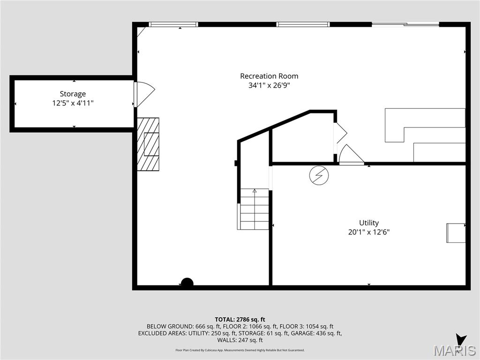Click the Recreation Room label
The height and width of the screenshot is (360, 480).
coord(269,76)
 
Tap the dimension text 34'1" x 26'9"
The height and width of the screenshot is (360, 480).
coord(269,85)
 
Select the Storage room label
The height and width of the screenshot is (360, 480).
coord(73,94)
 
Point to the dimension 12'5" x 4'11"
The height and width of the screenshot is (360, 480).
coord(73,103)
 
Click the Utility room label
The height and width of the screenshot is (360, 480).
coord(369,223)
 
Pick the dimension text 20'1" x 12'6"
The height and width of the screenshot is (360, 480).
coord(369,232)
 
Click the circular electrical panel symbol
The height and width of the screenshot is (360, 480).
coord(319,175)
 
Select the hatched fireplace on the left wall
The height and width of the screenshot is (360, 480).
coord(148,144)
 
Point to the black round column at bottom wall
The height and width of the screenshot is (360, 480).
coord(187,283)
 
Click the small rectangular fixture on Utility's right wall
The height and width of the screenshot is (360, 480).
coord(456,233)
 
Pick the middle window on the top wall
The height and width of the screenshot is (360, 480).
coord(303,24)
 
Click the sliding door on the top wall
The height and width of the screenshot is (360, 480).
coord(405,24)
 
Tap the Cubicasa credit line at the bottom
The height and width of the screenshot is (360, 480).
coord(240,350)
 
